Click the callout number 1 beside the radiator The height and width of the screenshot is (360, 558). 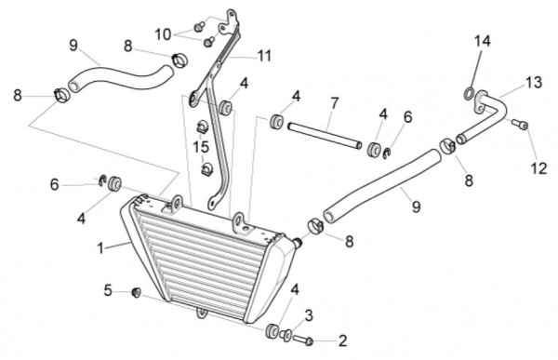[100, 247]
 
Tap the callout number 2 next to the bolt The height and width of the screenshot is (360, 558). [342, 340]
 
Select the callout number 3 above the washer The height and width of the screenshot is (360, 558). [309, 315]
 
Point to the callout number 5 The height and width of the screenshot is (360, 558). [108, 290]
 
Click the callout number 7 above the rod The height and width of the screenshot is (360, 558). [334, 103]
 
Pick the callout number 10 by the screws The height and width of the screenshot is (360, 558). [163, 35]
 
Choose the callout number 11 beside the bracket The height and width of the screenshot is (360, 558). [264, 56]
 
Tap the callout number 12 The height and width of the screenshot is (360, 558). [538, 168]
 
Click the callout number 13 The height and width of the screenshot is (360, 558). [534, 82]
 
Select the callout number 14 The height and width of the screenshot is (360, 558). [482, 41]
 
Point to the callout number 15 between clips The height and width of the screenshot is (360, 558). [201, 146]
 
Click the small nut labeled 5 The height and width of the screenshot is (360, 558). [137, 292]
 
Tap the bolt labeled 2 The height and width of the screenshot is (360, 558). [303, 340]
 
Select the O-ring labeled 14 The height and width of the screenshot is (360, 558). [469, 94]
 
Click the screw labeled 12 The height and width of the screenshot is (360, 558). [520, 125]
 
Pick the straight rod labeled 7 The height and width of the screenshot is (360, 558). [325, 136]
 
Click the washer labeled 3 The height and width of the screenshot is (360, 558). [286, 335]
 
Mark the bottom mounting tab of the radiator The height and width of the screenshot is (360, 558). [202, 313]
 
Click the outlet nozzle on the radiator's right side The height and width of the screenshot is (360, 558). [298, 243]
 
